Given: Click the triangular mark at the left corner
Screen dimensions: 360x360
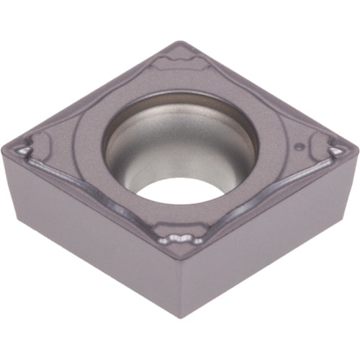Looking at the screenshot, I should pos(24,149).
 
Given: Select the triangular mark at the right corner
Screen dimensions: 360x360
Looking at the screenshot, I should pos(336,151).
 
